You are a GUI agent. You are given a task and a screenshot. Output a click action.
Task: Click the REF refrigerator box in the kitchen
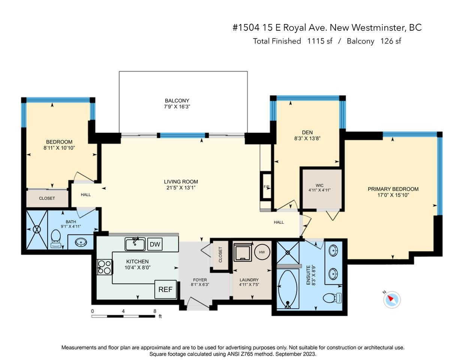tap(166, 289)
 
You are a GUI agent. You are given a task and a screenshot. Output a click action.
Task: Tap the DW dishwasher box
tap(155, 244)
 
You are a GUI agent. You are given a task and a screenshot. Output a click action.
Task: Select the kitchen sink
tap(135, 244)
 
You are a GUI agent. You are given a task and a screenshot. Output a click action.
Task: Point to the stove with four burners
tap(105, 267)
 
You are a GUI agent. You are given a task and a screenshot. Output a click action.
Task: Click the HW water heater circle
tap(262, 252)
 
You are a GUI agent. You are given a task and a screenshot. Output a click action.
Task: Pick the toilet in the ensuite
tap(332, 298)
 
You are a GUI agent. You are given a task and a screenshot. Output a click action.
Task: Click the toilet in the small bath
tap(56, 239)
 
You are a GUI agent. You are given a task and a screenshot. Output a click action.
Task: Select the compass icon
tap(392, 299)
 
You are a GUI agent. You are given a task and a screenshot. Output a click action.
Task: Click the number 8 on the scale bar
tap(154, 311)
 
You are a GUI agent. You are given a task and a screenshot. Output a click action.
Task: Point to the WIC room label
tap(319, 185)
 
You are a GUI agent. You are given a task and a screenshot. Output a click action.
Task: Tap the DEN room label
tap(307, 133)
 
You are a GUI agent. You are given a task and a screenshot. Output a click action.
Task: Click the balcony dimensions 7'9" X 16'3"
tap(177, 107)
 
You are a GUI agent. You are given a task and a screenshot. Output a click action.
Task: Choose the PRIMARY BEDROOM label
tap(393, 189)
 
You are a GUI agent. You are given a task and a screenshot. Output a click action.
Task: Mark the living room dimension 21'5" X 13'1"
tap(181, 188)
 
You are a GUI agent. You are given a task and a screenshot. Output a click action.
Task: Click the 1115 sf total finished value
tap(320, 41)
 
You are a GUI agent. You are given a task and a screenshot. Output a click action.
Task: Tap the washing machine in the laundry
tap(243, 252)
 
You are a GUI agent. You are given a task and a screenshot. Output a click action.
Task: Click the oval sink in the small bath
tap(81, 242)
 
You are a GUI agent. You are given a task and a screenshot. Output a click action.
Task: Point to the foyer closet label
tap(220, 254)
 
